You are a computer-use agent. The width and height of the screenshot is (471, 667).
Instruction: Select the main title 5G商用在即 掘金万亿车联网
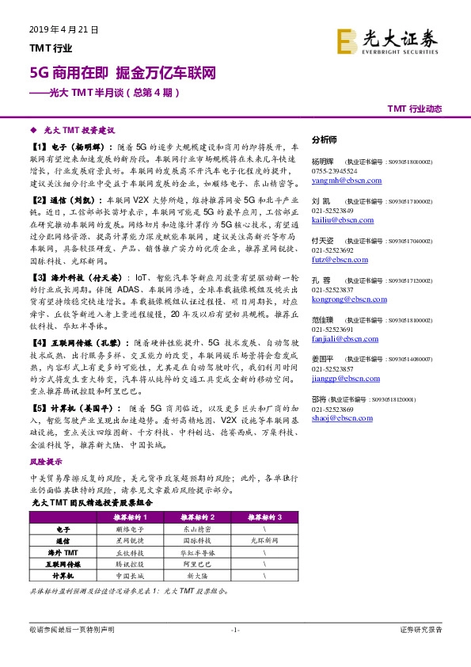click(x=122, y=73)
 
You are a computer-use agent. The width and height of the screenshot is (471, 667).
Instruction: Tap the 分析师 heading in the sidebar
click(x=325, y=139)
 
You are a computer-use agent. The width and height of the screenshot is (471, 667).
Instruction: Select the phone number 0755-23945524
click(x=334, y=170)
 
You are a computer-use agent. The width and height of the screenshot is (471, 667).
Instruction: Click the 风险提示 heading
click(x=45, y=460)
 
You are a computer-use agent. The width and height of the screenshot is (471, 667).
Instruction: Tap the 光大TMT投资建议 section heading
click(x=78, y=128)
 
